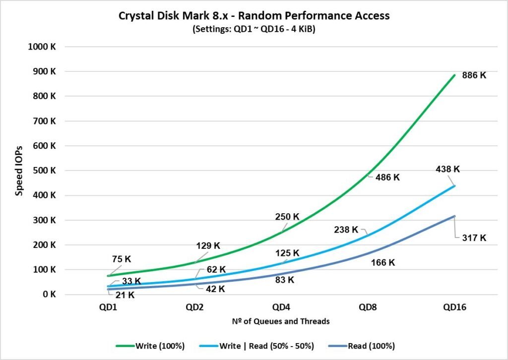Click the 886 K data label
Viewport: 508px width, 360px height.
click(x=474, y=76)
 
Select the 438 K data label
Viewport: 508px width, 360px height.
click(x=447, y=169)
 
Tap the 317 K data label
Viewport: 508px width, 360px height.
click(x=474, y=238)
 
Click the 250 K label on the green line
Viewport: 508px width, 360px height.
click(x=287, y=217)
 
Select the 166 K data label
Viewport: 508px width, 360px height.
click(x=382, y=263)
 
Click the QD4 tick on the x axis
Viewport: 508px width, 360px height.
click(x=281, y=307)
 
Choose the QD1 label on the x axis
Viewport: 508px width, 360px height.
click(x=109, y=307)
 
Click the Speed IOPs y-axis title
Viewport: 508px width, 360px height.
click(x=19, y=171)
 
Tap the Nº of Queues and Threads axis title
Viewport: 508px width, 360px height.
click(x=281, y=321)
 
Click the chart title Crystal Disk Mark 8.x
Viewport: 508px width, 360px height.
click(x=254, y=16)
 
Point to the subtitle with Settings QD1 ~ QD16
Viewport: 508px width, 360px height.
click(x=254, y=29)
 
